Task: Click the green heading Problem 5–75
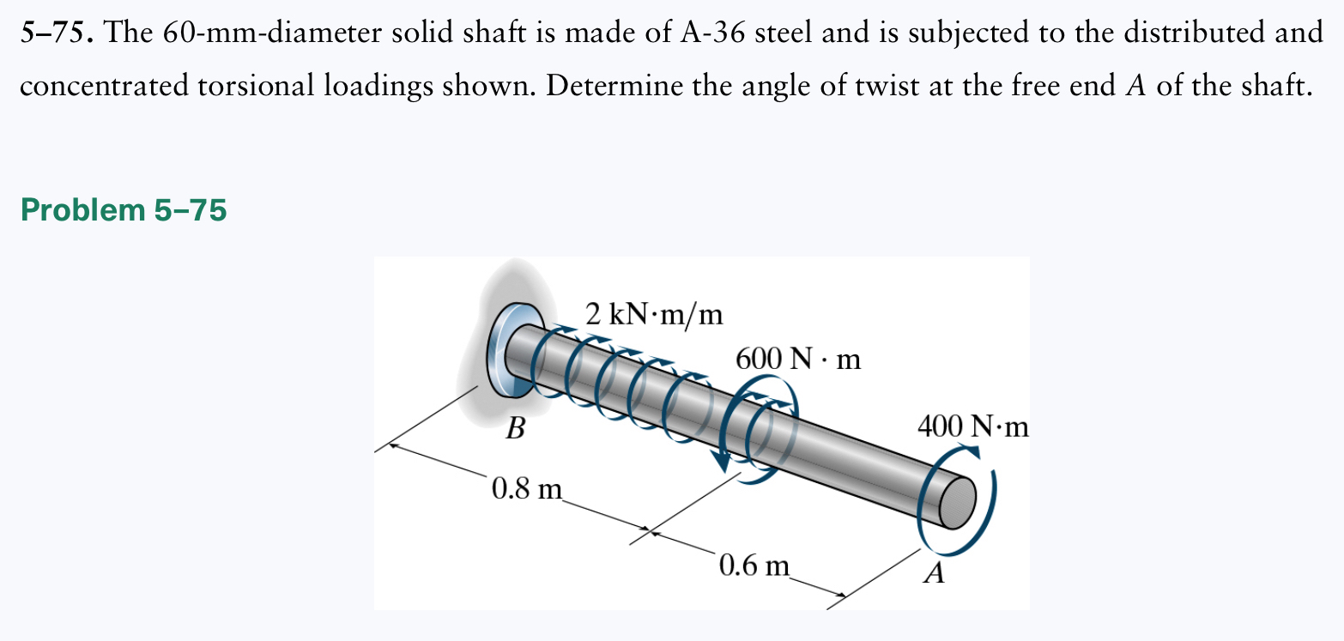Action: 124,209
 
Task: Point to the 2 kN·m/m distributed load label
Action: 654,315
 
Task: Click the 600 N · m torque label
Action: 798,360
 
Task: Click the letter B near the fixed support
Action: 514,427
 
